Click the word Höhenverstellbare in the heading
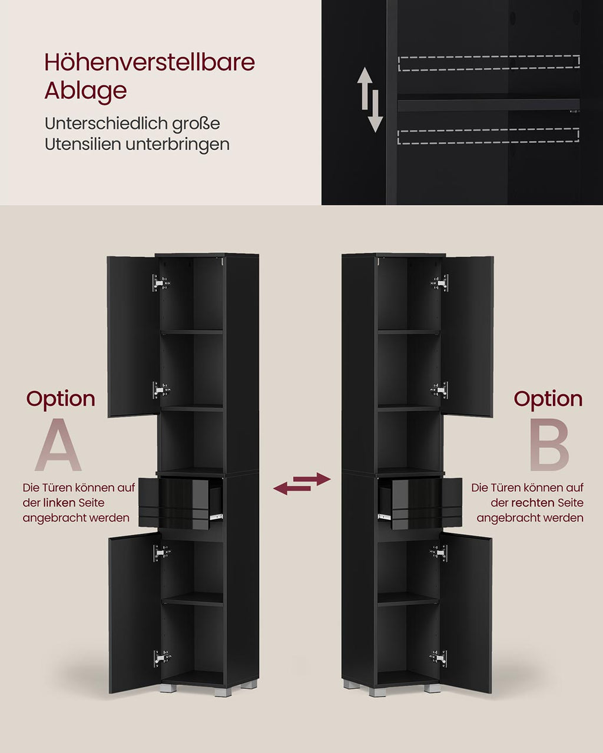[x=150, y=62]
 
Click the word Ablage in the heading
[x=85, y=91]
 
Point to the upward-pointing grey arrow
[x=365, y=88]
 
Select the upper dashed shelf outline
[x=489, y=63]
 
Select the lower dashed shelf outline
[x=488, y=136]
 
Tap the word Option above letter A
[x=61, y=400]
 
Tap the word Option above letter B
[x=548, y=400]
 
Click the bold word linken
[x=59, y=503]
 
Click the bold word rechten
[x=532, y=503]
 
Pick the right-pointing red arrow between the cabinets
[x=312, y=479]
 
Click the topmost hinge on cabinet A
[x=161, y=283]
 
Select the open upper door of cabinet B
[x=468, y=336]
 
